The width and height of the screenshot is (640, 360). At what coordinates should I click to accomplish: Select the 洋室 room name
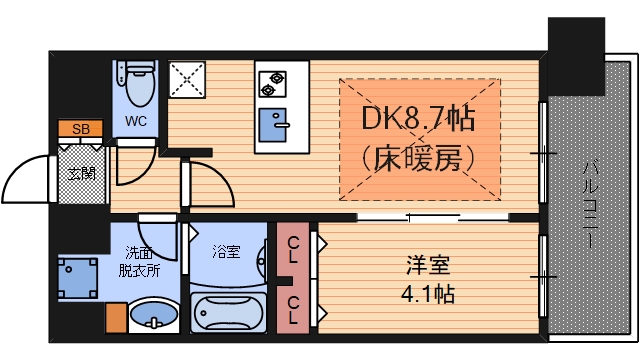[x=428, y=266]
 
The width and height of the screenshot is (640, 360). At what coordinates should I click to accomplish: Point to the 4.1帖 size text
[x=430, y=295]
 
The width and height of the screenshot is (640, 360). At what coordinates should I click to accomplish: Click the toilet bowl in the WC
[x=137, y=86]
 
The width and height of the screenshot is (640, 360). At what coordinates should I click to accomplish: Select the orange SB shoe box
[x=79, y=129]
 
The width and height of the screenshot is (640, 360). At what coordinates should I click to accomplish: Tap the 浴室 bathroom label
[x=226, y=251]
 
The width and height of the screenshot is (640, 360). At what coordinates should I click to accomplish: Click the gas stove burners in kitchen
[x=272, y=81]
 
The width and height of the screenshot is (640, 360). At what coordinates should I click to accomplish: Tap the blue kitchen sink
[x=272, y=126]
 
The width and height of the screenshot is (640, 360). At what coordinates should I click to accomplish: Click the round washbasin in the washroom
[x=154, y=321]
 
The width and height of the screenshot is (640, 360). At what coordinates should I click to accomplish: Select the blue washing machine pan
[x=78, y=278]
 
